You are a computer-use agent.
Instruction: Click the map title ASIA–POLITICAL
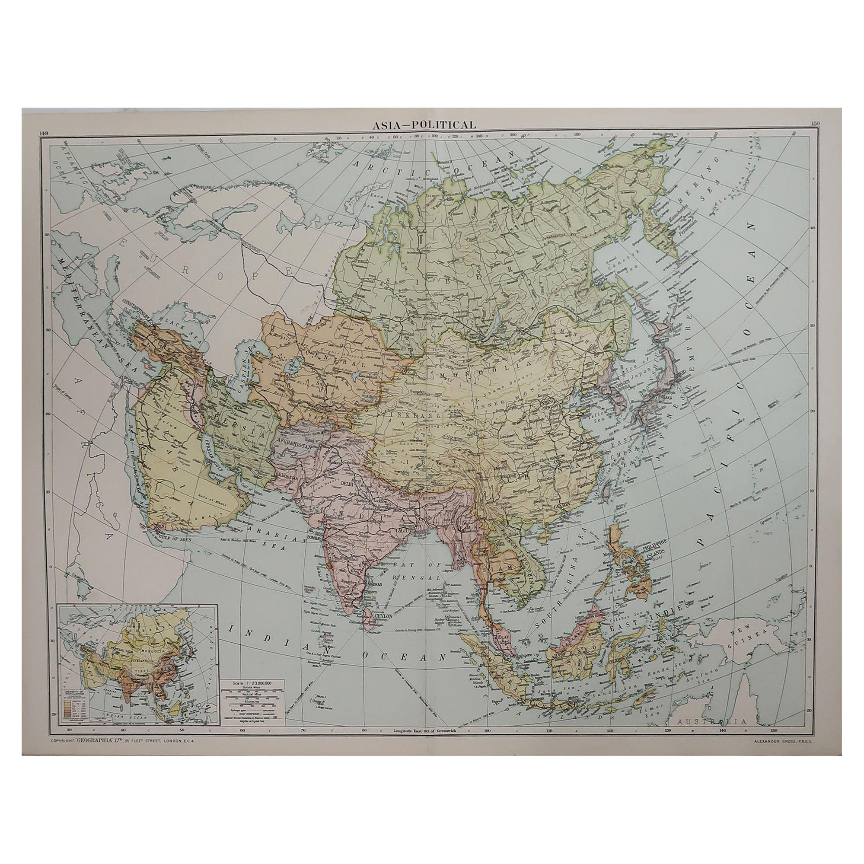425,125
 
